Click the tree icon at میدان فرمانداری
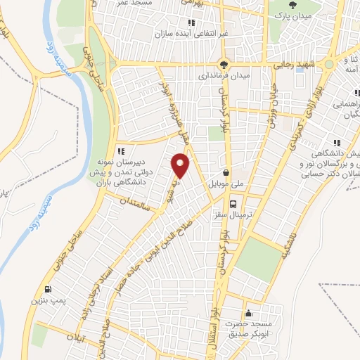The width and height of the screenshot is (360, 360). (224, 63)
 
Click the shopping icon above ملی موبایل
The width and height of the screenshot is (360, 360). (225, 172)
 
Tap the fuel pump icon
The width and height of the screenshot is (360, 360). (47, 288)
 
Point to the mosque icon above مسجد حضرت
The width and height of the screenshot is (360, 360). (247, 314)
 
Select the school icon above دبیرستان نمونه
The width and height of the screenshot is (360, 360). (121, 150)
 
